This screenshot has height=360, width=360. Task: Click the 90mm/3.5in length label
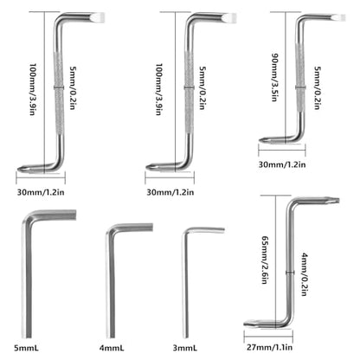[x=274, y=77]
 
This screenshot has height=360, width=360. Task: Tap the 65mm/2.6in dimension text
[x=265, y=260]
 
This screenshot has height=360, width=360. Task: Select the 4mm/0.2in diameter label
[x=305, y=274]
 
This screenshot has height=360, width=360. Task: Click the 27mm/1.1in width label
[x=269, y=347]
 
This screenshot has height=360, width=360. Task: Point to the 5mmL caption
[x=26, y=348]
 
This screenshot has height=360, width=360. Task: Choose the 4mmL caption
[x=112, y=348]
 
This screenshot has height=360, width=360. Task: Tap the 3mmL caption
[x=185, y=348]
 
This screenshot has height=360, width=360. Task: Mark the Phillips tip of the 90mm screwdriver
[x=262, y=140]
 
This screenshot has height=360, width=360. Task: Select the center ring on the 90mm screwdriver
[x=300, y=87]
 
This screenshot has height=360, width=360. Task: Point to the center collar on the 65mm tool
[x=290, y=272]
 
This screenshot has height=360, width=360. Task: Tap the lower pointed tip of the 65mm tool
[x=247, y=325]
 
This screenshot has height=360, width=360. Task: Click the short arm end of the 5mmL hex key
[x=74, y=215]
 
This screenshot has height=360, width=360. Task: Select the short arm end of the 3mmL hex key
[x=223, y=229]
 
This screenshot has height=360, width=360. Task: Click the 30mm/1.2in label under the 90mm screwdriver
[x=282, y=164]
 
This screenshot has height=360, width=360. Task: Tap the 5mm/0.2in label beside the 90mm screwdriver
[x=318, y=88]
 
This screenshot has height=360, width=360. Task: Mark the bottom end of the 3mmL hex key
[x=185, y=337]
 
